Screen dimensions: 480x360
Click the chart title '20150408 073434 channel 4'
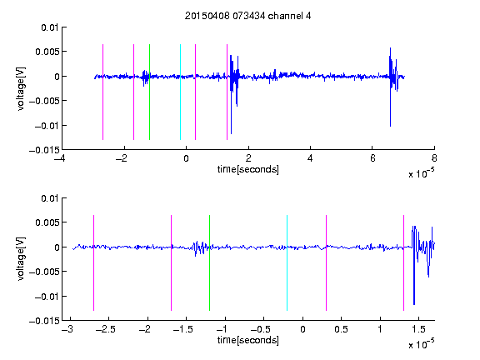coord(247,16)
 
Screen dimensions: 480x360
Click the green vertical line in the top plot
coord(149,92)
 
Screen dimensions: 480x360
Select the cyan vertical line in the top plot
coord(180,92)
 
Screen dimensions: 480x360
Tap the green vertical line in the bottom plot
coord(209,262)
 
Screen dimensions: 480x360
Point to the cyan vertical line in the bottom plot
coord(287,262)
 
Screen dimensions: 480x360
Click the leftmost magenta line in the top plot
coord(102,92)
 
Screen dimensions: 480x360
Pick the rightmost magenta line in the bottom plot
coord(403,262)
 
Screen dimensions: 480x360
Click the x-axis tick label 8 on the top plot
coord(434,158)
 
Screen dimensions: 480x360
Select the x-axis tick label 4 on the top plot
coord(310,158)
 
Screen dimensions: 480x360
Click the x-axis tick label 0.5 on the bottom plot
coord(341,329)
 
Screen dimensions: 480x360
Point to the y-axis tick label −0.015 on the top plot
coord(44,150)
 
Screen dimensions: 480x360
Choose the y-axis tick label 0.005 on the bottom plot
coord(47,222)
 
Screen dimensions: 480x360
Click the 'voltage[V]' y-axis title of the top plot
coord(21,89)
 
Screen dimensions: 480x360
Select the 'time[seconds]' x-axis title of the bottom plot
coord(248,340)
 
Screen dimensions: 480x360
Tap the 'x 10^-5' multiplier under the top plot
coord(421,173)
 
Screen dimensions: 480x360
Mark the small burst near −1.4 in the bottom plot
coord(200,248)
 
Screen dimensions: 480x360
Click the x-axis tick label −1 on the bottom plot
coord(225,329)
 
